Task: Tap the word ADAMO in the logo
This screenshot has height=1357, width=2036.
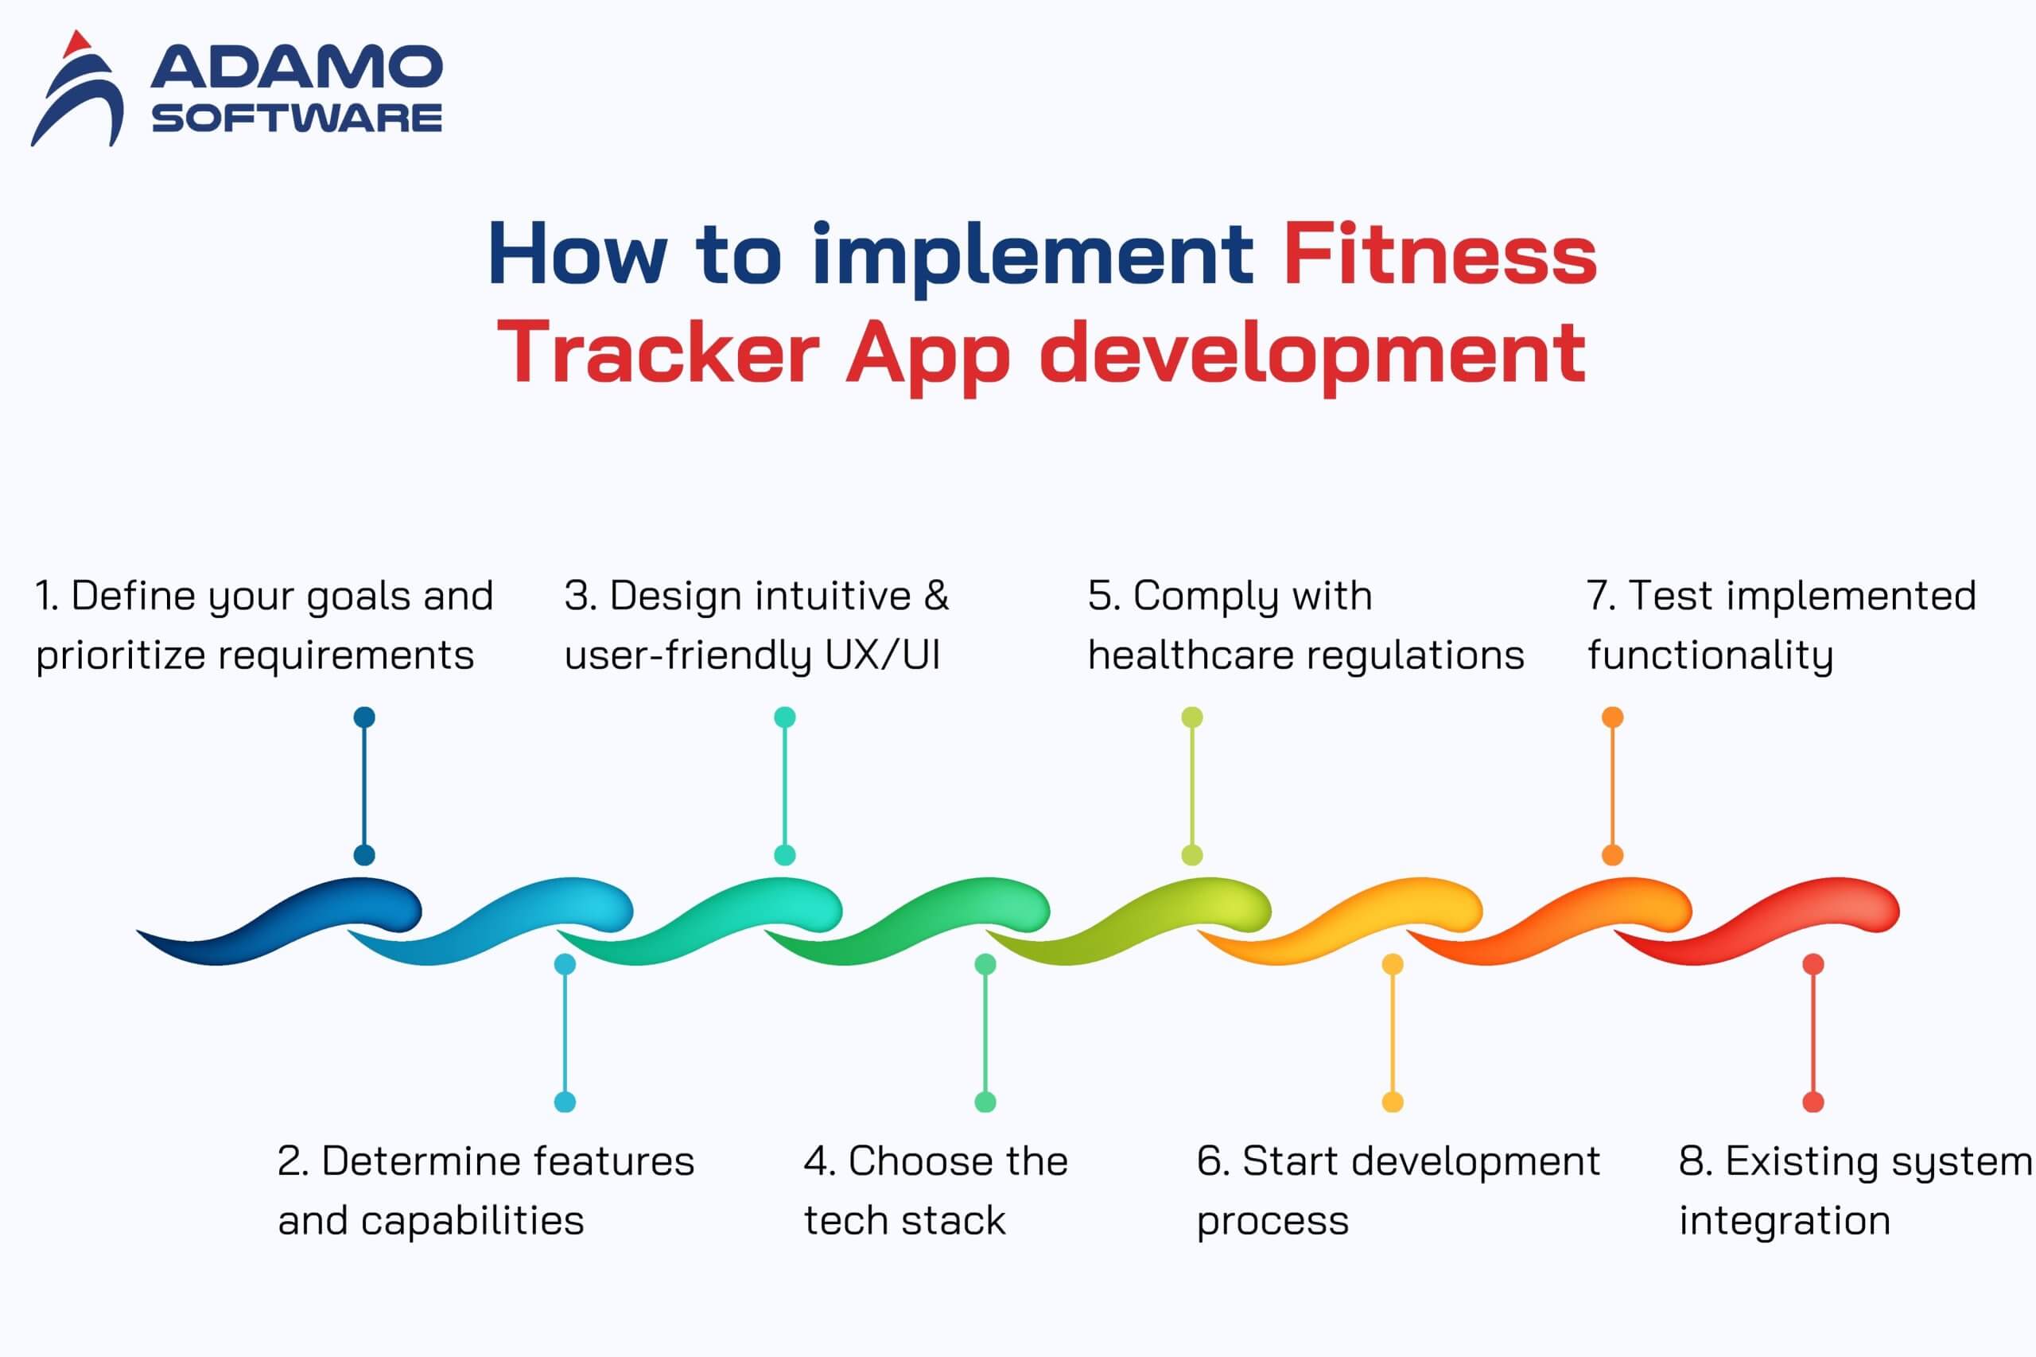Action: click(297, 68)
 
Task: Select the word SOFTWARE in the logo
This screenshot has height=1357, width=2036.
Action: click(297, 119)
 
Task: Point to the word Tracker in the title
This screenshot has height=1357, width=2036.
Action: click(658, 352)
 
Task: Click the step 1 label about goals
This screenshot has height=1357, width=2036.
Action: click(264, 625)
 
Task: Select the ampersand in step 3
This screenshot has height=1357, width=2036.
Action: click(936, 596)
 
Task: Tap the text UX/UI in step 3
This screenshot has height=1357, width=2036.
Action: click(882, 655)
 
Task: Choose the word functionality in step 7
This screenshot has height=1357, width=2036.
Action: click(1710, 655)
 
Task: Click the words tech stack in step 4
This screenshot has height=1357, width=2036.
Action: click(904, 1221)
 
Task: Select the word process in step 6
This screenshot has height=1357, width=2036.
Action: click(1272, 1223)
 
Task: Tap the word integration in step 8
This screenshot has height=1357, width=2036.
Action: click(1784, 1221)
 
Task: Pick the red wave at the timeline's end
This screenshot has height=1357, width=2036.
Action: click(1757, 921)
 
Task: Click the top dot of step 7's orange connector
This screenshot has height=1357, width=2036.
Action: click(1612, 717)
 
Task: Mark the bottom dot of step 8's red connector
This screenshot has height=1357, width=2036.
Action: click(1813, 1102)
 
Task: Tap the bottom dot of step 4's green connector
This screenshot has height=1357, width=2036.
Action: click(985, 1102)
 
